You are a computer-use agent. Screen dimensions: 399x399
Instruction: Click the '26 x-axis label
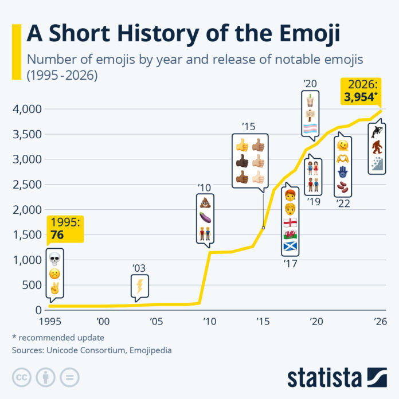coord(380,322)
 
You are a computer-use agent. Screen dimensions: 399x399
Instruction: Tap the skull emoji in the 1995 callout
coord(55,261)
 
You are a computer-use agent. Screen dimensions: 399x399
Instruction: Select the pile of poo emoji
coord(205,202)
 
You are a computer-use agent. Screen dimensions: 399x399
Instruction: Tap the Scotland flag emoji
coord(291,247)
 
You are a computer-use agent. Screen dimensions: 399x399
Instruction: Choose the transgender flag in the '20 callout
coord(310,128)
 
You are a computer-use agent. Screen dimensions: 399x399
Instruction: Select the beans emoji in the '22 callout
coord(342,187)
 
